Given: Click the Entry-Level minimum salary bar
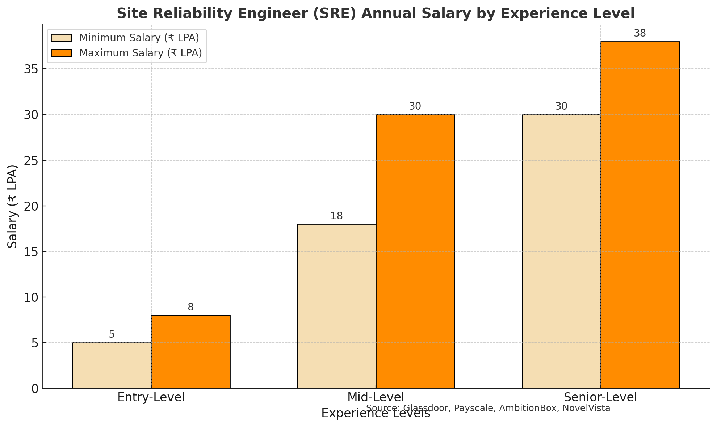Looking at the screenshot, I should pos(112,365).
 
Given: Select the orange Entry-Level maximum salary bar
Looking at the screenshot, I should pos(191,352).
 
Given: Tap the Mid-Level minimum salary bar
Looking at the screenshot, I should pos(337,306).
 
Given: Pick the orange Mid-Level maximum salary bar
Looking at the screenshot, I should pos(415,251).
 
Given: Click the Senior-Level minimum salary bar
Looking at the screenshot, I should pos(562,251).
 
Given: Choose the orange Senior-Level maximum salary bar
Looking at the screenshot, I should pos(640,215).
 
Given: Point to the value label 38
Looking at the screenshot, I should pos(640,33).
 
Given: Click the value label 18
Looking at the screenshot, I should pos(336,216).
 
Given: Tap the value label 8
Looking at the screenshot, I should pos(190,307).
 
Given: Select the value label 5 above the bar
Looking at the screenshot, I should pos(112,334).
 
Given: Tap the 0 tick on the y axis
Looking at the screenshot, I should pos(35,389).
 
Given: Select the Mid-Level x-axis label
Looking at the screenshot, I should pos(376,397).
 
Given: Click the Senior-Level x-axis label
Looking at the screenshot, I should pos(600,397).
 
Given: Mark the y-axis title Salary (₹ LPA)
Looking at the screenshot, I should pos(13,206).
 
